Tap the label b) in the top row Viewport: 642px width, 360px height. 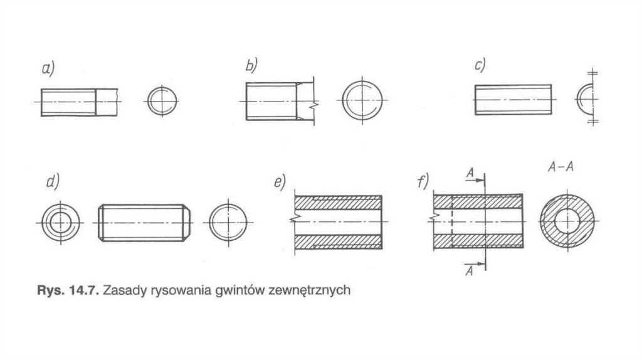[x=252, y=65]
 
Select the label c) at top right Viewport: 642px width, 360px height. [x=481, y=65]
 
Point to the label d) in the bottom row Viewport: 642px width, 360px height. [x=53, y=183]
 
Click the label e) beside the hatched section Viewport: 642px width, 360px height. [x=279, y=183]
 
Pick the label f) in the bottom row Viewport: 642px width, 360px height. [x=422, y=183]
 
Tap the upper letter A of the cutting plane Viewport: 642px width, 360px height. [x=469, y=171]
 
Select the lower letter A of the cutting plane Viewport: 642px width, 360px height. [x=469, y=270]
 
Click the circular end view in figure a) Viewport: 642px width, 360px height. [x=163, y=101]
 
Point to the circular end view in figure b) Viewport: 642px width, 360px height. [x=364, y=101]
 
